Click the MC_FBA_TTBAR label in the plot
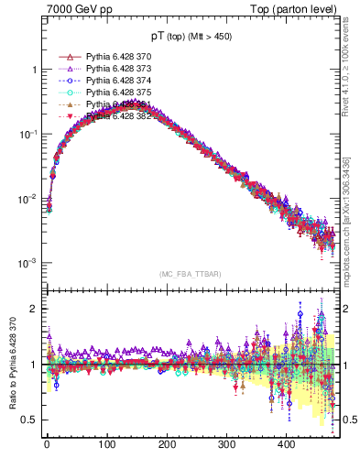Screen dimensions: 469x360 pos(184,274)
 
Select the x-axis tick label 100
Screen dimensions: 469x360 pos(107,445)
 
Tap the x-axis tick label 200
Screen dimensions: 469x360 pos(167,445)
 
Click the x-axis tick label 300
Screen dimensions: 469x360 pos(227,445)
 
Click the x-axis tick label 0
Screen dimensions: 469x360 pos(47,445)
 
